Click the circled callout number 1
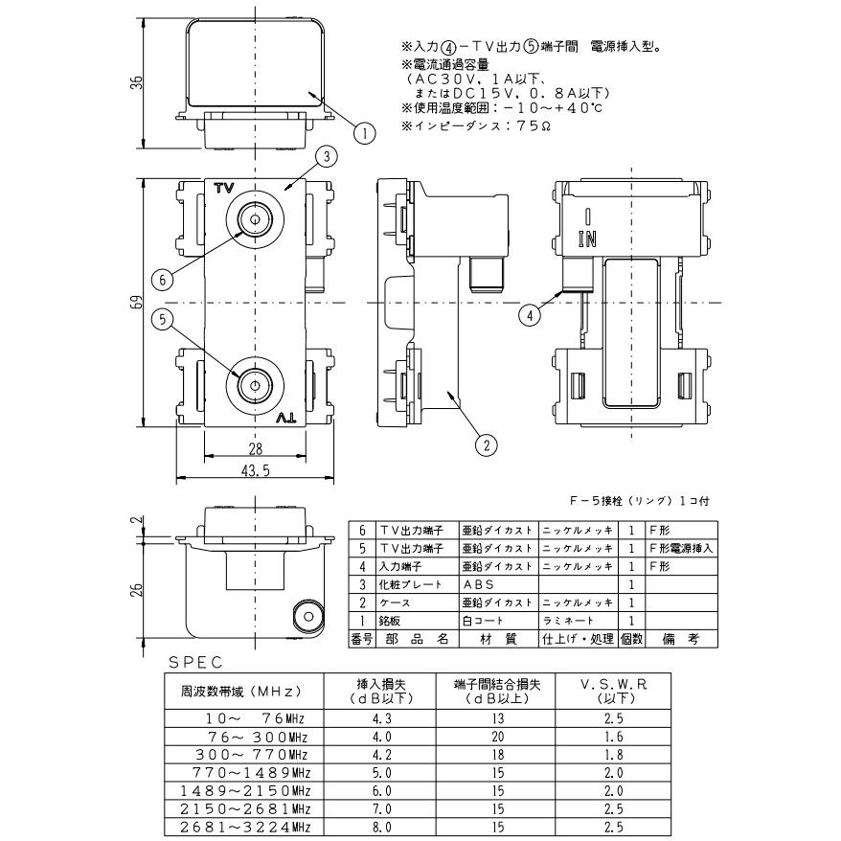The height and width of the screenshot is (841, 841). (363, 134)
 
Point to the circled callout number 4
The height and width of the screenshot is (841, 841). (528, 312)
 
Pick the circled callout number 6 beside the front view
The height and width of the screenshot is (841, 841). (164, 279)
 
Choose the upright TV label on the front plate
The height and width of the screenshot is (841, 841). (224, 187)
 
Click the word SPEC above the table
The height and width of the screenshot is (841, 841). (195, 662)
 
